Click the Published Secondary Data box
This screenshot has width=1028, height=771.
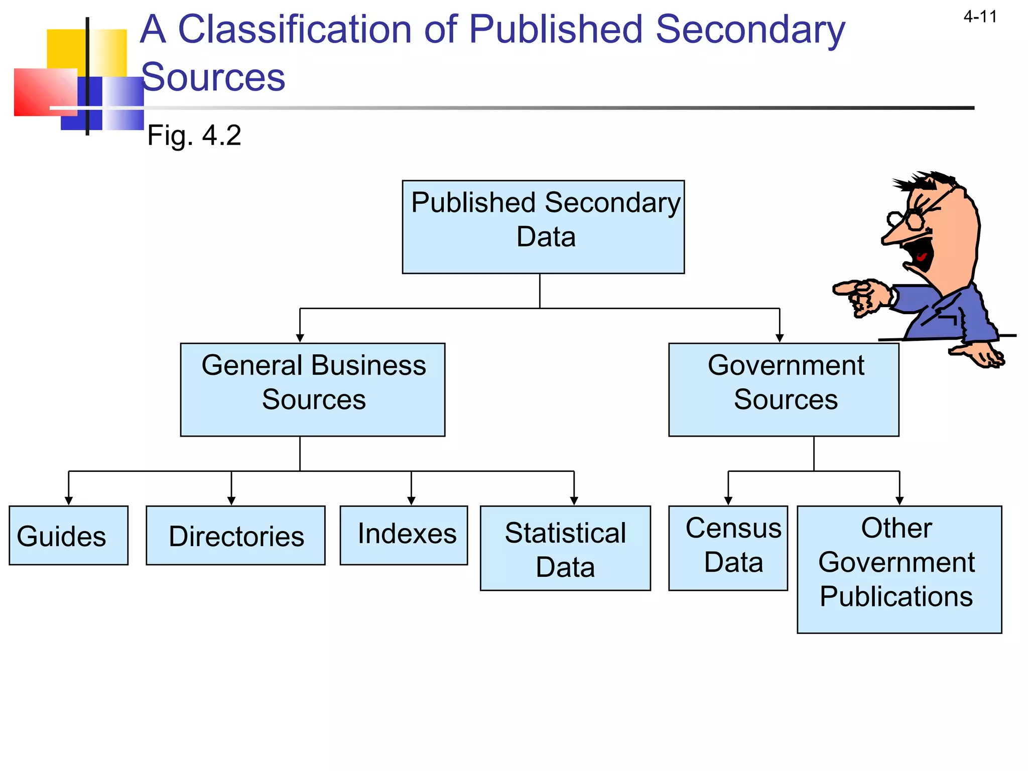coord(543,227)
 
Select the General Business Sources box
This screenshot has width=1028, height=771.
coord(312,390)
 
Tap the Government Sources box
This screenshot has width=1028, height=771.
coord(784,390)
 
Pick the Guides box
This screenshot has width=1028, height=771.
coord(68,536)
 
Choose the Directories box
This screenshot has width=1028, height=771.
coord(235,536)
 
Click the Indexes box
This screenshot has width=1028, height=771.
coord(404,535)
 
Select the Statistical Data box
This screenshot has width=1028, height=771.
coord(565,548)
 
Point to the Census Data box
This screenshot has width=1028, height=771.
coord(728,548)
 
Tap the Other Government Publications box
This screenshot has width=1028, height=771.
coord(899,569)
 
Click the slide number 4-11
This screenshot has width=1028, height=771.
coord(980,17)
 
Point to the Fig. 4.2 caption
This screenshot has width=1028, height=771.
coord(194,136)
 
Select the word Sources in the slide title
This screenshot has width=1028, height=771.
coord(213,77)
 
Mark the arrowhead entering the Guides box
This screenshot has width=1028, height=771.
coord(69,500)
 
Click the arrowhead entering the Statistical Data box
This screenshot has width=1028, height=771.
coord(574,500)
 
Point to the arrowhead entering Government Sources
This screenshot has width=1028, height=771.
coord(780,338)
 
